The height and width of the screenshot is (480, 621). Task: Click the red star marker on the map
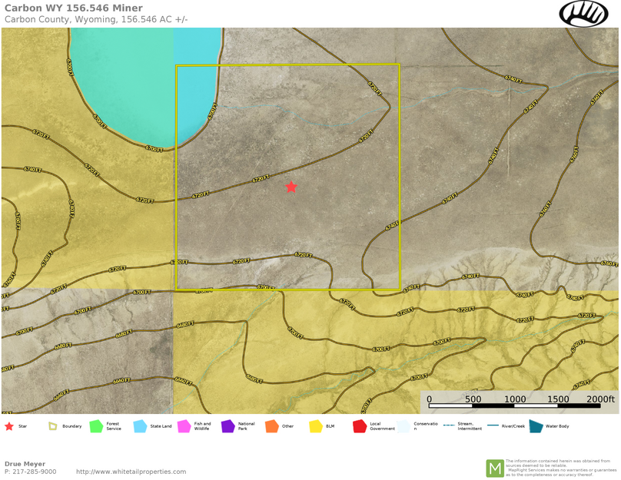click(x=291, y=187)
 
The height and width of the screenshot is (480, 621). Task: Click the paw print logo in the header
click(x=583, y=14)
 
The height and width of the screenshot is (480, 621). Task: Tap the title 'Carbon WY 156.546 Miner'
click(x=73, y=8)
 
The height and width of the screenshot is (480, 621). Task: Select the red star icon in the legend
click(x=9, y=425)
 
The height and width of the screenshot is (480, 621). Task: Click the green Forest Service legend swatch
click(x=96, y=425)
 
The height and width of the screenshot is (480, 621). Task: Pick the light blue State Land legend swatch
click(x=140, y=425)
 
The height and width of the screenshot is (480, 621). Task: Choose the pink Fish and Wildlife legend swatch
click(x=184, y=425)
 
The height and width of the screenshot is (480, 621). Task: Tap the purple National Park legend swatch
click(x=227, y=425)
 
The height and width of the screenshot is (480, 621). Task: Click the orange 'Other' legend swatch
click(x=271, y=425)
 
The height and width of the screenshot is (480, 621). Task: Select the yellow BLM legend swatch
click(x=315, y=425)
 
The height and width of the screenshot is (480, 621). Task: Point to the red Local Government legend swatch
click(x=359, y=425)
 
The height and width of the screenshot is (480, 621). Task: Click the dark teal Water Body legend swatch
click(x=536, y=425)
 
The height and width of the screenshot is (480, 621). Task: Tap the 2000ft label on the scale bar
click(x=600, y=399)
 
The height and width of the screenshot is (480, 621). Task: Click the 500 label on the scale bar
click(x=473, y=399)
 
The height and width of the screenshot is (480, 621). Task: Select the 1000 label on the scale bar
click(x=515, y=399)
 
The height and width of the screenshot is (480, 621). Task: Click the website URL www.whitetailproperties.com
click(x=131, y=472)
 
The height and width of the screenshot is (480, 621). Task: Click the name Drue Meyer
click(x=25, y=464)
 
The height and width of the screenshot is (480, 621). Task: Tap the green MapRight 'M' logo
click(x=494, y=468)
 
